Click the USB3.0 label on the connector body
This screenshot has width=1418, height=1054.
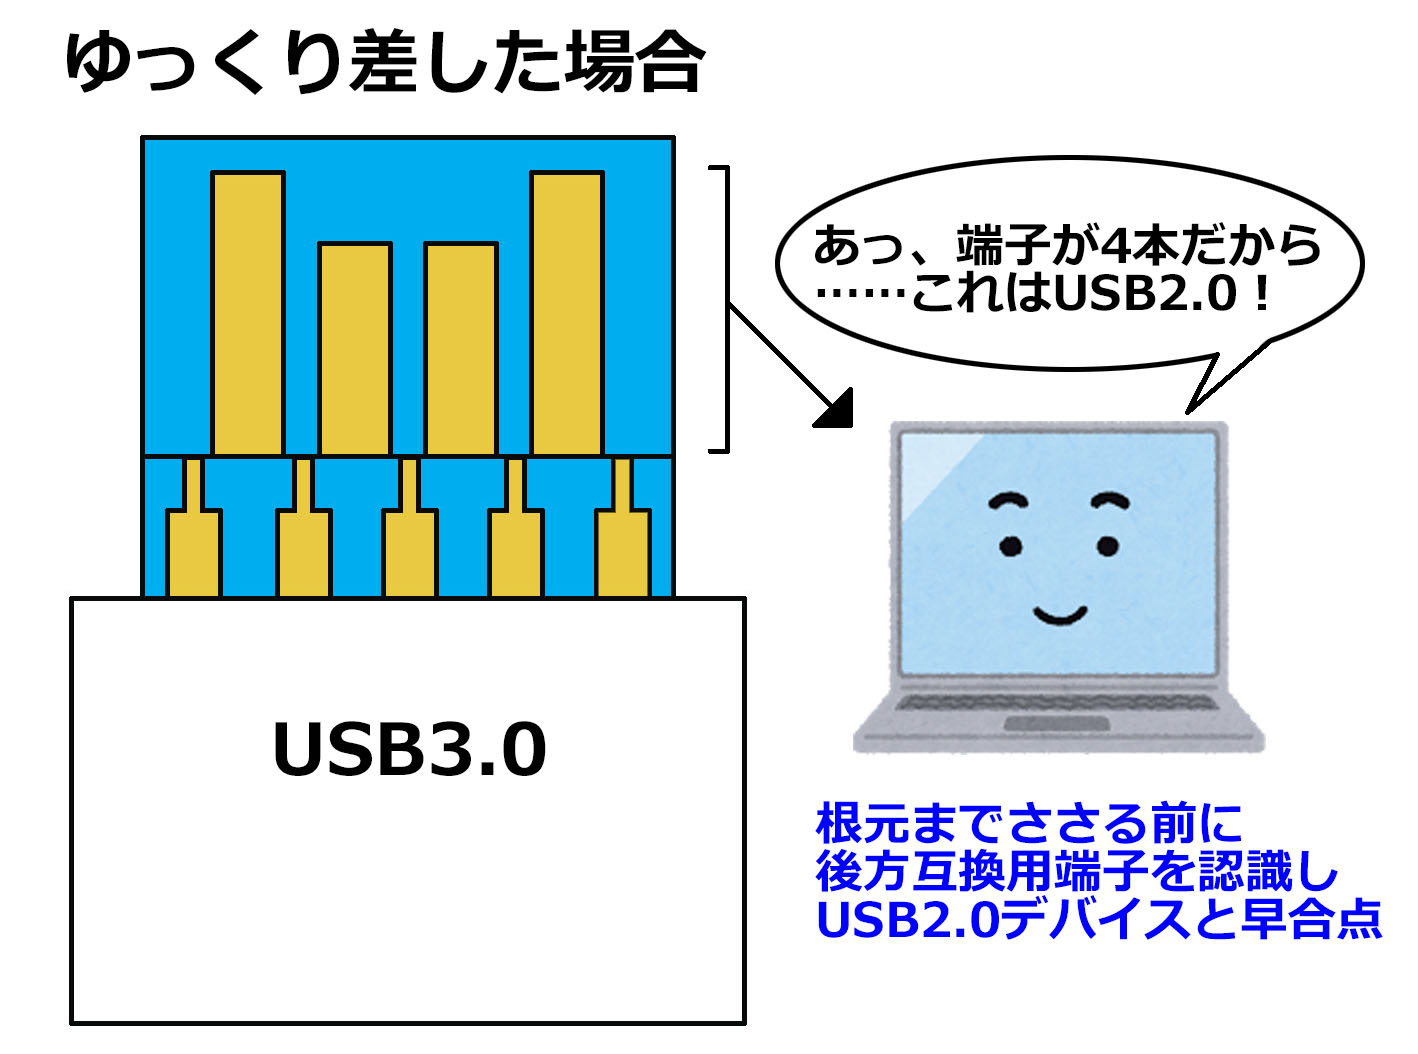point(409,748)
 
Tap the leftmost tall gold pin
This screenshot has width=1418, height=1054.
point(248,313)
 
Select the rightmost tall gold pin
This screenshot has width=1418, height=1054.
point(566,313)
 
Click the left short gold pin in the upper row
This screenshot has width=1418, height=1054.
point(355,349)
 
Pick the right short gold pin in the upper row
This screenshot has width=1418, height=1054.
point(460,349)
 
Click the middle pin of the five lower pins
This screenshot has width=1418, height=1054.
point(410,537)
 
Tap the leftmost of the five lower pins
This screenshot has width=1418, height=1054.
point(194,537)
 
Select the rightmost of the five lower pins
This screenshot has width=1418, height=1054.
point(623,537)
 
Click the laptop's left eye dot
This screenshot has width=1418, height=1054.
point(1011,546)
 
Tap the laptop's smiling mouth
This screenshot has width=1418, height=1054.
point(1060,615)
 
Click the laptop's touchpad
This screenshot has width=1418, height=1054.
point(1056,724)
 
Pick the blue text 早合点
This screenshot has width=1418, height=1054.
point(1311,920)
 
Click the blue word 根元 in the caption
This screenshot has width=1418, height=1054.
point(862,824)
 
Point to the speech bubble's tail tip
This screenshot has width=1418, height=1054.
point(1188,413)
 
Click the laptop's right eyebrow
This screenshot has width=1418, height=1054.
point(1110,500)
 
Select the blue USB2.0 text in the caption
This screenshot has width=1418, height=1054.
point(909,920)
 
